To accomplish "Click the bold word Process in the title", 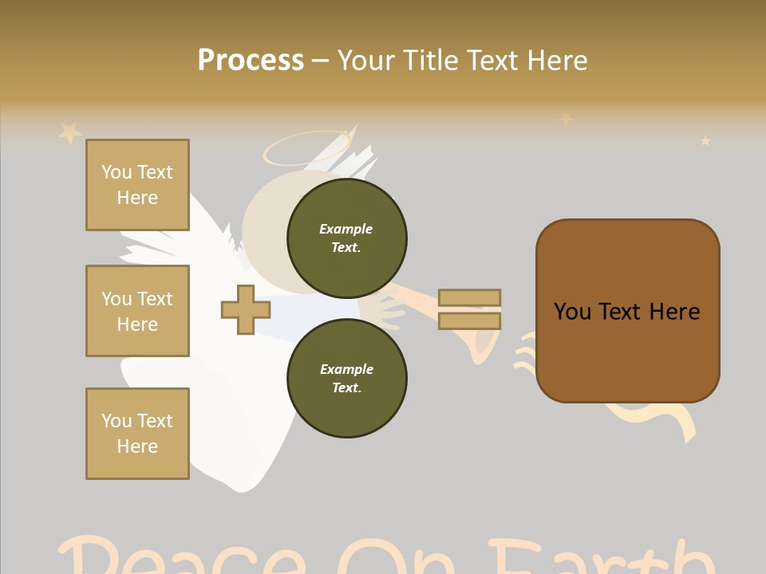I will click(x=251, y=61).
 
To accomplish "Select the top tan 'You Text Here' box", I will click(x=137, y=185).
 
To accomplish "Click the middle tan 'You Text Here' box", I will click(x=137, y=311).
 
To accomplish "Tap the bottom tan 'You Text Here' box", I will click(x=137, y=434).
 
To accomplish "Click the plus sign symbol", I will click(x=246, y=309).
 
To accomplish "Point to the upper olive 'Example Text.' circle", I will click(x=346, y=238).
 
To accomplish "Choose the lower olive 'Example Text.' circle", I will click(x=346, y=378).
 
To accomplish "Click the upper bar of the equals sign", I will click(x=469, y=297).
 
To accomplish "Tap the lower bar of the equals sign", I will click(x=469, y=320).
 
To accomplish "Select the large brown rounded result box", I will click(x=627, y=311).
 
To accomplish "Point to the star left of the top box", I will click(x=69, y=132).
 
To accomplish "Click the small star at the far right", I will click(x=705, y=141).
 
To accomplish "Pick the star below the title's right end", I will click(x=566, y=119).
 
